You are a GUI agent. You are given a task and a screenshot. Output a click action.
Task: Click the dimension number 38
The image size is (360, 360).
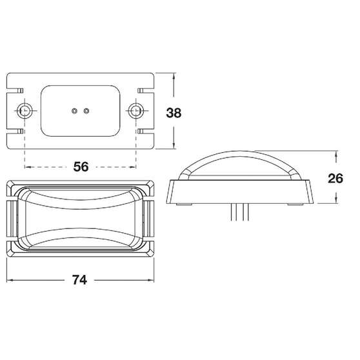coord(174,113)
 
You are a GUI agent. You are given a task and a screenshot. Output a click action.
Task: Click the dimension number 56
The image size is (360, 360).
coord(81,166)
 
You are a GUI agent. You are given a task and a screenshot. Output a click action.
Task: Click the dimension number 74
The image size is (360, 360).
coord(79,280)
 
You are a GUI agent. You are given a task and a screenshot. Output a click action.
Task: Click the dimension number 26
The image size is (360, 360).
coord(335,179)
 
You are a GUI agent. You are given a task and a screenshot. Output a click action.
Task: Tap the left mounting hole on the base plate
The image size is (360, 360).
coord(25,111)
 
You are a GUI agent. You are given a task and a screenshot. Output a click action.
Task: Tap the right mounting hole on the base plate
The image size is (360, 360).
coord(136,111)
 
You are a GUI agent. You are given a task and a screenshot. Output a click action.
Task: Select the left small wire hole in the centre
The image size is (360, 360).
coord(74,111)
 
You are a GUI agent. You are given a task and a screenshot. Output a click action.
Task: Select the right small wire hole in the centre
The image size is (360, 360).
coord(86,111)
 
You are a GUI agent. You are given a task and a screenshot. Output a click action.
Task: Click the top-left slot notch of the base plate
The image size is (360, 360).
coord(15,90)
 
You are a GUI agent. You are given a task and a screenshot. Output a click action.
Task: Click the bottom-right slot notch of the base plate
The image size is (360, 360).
coord(146,131)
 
